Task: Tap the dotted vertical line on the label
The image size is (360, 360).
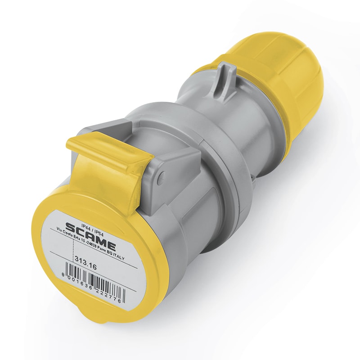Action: pos(73,247)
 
